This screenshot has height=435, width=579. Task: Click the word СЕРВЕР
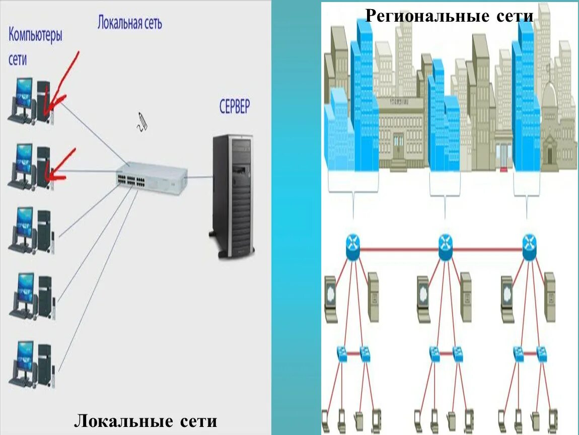click(234, 107)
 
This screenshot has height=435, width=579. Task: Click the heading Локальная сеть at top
click(129, 23)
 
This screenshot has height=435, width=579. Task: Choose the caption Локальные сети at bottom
click(146, 421)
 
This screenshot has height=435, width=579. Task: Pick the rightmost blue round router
click(529, 247)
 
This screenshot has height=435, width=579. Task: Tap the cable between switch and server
click(199, 177)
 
